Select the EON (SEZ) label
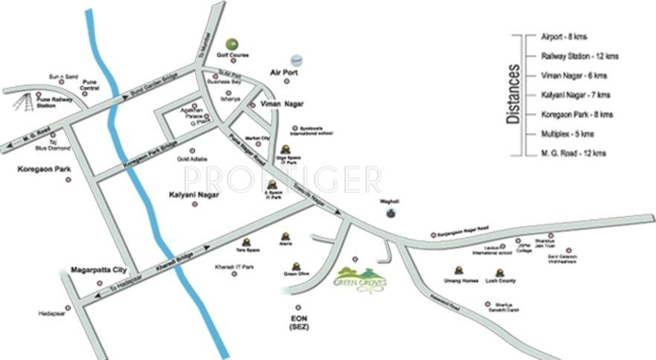pyautogui.click(x=298, y=323)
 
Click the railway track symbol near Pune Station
pyautogui.click(x=20, y=104)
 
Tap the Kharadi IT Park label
pyautogui.click(x=234, y=266)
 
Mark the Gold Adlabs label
pyautogui.click(x=191, y=159)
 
